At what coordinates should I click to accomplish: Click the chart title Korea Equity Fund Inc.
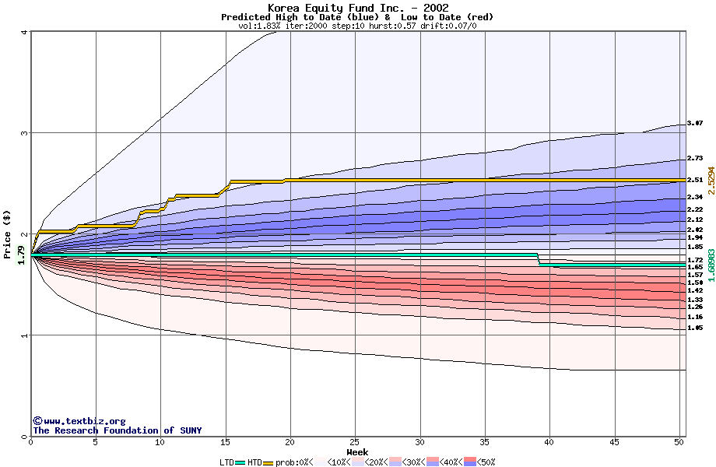357,8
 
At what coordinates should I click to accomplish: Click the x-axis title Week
357,452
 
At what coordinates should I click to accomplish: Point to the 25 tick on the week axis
355,442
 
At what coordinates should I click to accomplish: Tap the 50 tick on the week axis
679,442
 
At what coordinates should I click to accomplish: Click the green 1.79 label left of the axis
21,255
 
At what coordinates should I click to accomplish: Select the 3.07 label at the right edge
695,123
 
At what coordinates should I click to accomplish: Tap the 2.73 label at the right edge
695,158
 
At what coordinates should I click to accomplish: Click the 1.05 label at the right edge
695,328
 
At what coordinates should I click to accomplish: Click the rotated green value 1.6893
711,265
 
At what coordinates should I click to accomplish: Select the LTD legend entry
232,462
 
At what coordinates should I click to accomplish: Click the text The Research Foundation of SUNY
117,430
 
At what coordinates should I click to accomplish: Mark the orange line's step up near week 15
229,187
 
